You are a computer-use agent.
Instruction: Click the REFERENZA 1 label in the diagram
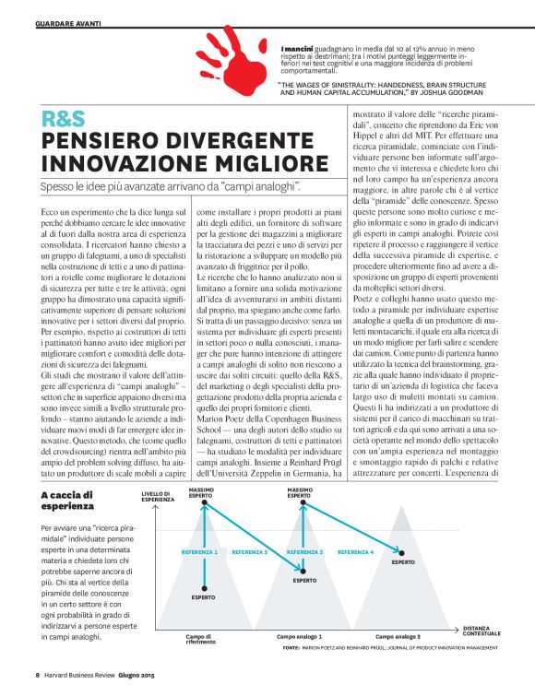tap(200, 552)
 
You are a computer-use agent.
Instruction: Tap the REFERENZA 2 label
tap(250, 552)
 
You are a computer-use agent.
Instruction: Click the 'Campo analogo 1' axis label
tap(300, 637)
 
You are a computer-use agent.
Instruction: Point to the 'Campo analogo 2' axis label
tap(398, 637)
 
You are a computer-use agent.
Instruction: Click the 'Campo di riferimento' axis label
tap(199, 639)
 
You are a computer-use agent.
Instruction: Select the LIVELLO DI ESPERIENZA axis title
tap(158, 496)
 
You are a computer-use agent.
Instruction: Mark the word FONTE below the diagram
tap(291, 649)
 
